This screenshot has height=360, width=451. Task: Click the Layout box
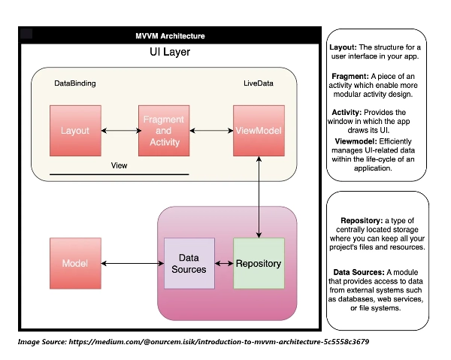[x=75, y=131]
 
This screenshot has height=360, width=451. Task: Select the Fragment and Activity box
[x=163, y=131]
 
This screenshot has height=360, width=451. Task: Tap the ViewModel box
[x=258, y=131]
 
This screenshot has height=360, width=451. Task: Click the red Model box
[x=75, y=263]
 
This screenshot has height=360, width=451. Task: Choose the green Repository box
[x=259, y=263]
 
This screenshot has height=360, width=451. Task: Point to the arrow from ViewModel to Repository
[x=259, y=195]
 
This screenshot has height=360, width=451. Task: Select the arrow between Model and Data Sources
[x=132, y=263]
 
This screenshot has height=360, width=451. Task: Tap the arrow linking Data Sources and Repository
[x=223, y=263]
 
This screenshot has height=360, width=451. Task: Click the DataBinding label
[x=76, y=83]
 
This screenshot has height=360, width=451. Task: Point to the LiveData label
[x=258, y=83]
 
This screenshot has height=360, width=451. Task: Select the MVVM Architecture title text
[x=170, y=36]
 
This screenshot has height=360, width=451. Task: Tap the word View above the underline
[x=119, y=165]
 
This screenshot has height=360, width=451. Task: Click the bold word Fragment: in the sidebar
[x=350, y=77]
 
